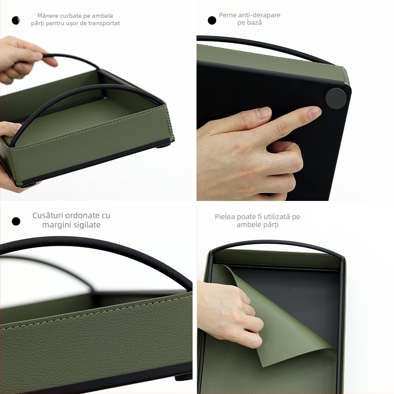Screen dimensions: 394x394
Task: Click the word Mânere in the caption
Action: (48, 16)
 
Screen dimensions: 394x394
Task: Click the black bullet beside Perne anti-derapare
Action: (212, 20)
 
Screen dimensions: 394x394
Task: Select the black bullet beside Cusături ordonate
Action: (16, 221)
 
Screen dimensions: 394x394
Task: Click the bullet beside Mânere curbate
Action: (16, 20)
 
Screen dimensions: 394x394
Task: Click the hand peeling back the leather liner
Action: (231, 310)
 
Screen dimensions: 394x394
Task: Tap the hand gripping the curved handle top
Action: (22, 57)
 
